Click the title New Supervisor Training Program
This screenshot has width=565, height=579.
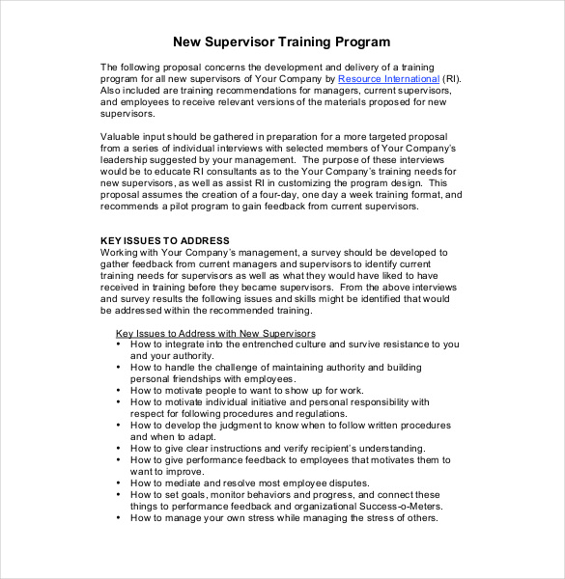point(281,41)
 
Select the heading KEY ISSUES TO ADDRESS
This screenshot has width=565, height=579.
point(165,240)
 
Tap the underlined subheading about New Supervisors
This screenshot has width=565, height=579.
point(215,333)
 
